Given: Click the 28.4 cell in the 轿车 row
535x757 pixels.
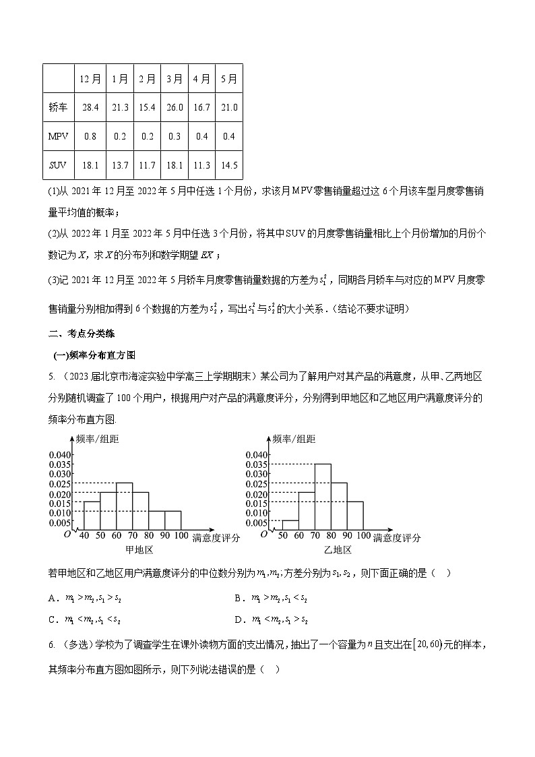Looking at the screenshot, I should [x=91, y=108].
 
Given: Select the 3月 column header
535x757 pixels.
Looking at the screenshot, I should [x=175, y=79].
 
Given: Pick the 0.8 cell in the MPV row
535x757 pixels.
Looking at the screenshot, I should [x=91, y=137].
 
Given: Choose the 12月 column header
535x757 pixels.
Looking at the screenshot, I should [x=91, y=79].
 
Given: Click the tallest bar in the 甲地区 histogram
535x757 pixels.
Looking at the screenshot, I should [x=124, y=507].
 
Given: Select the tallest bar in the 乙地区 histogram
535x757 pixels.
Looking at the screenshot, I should [x=323, y=497].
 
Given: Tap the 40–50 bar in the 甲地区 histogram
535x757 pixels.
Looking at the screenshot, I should [x=92, y=516].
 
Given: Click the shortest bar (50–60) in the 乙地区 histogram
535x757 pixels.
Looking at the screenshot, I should [x=290, y=525].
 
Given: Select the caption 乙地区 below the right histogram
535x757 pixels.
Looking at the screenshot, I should [x=338, y=550].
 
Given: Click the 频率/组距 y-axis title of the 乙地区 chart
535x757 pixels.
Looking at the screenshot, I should [x=294, y=440].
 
